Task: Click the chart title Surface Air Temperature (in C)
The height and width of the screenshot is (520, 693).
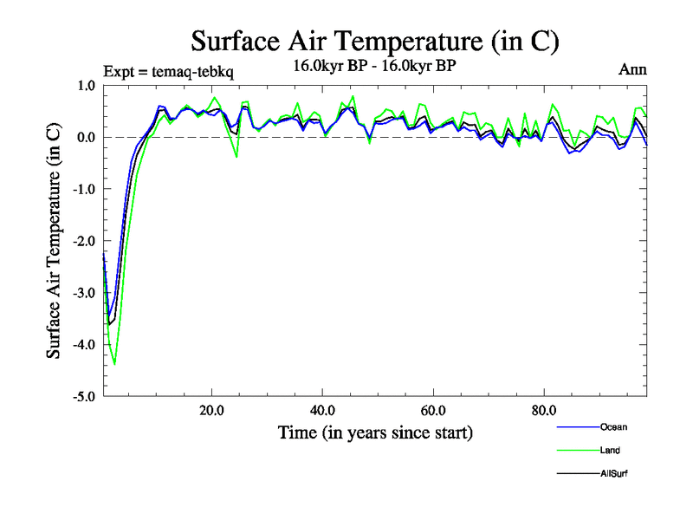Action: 375,41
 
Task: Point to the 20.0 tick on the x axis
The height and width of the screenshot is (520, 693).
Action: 212,410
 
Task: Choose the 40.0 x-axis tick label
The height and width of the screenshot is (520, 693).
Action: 323,410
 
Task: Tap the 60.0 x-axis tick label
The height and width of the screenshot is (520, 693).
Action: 433,410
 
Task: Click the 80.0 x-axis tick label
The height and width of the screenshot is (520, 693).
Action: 543,410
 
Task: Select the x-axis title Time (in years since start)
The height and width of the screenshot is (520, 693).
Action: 375,432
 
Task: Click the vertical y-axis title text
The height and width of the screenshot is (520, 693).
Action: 54,241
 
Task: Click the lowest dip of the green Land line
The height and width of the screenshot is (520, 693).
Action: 114,365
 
